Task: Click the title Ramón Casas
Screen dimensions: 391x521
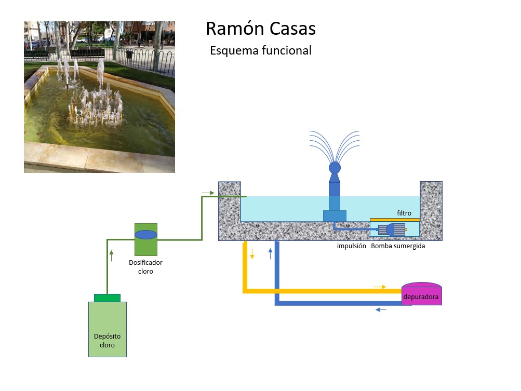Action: [x=260, y=29]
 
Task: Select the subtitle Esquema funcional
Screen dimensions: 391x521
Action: [x=260, y=50]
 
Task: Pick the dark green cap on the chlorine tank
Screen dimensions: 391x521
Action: [x=107, y=298]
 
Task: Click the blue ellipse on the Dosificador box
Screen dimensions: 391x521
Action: [x=145, y=234]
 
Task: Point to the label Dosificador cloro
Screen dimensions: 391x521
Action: [x=145, y=267]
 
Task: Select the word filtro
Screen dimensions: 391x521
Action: [x=404, y=213]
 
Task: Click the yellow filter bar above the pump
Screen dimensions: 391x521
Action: [x=395, y=220]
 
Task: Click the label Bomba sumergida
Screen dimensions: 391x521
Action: [x=398, y=246]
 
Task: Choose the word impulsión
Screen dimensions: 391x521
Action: [x=352, y=246]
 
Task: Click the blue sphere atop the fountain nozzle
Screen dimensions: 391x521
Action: [x=335, y=167]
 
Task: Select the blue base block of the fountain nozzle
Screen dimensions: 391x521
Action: [x=335, y=215]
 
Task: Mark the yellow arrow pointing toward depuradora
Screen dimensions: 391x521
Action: [x=380, y=287]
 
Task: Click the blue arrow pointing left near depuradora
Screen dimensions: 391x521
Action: [x=381, y=310]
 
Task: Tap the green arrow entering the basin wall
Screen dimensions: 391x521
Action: [x=208, y=193]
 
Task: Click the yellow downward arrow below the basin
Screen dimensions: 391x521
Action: [x=252, y=254]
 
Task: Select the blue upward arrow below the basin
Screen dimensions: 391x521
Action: [x=270, y=253]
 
